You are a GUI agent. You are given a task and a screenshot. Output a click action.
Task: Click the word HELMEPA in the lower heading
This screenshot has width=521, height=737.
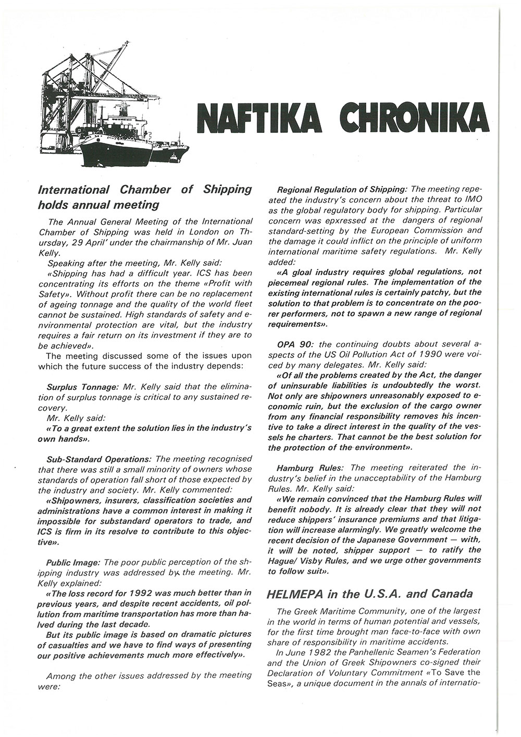coord(293,594)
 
